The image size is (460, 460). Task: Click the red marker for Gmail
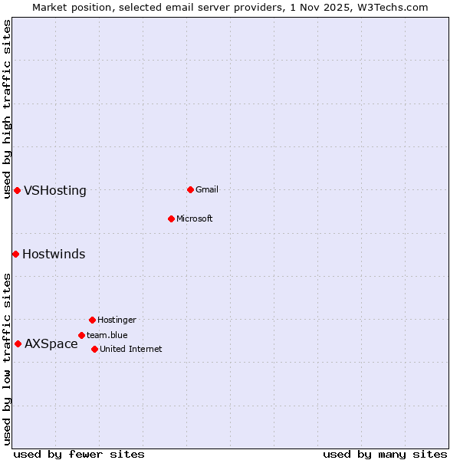[190, 189]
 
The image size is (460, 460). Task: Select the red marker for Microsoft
[171, 219]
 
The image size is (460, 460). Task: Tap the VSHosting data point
[17, 190]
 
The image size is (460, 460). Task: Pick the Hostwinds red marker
[15, 254]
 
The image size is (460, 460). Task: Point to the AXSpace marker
[18, 343]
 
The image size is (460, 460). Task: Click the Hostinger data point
[92, 320]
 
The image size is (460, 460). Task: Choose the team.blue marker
[81, 335]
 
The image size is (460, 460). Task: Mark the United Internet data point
[94, 349]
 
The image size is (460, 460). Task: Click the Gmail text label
[207, 189]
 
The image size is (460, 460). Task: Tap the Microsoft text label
[194, 219]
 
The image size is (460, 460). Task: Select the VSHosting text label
[55, 191]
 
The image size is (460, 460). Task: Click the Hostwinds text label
[54, 255]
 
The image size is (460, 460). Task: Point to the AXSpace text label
[51, 344]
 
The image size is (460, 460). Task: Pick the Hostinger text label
[117, 320]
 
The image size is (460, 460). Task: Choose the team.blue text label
[107, 335]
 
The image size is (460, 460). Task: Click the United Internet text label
[130, 349]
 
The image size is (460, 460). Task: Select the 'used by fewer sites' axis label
[79, 454]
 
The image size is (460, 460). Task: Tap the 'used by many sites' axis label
[385, 454]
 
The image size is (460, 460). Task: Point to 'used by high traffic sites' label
[7, 109]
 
